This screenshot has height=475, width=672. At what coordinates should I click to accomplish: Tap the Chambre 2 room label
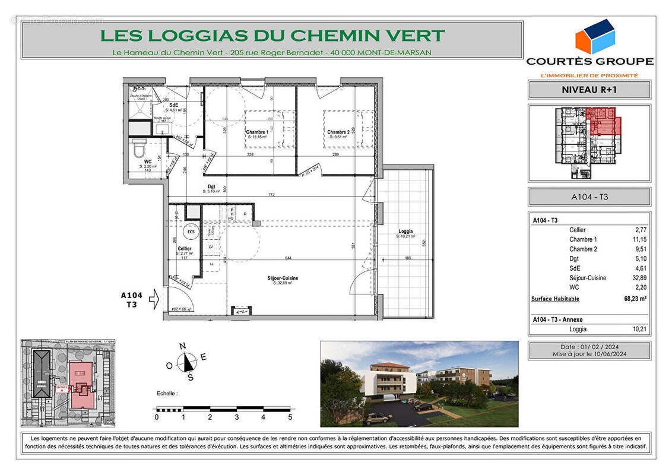(338, 132)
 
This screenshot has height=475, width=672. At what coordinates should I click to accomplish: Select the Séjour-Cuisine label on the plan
(282, 278)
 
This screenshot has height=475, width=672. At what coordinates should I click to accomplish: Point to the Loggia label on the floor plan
(406, 232)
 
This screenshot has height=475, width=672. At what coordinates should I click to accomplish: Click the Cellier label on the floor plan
(184, 248)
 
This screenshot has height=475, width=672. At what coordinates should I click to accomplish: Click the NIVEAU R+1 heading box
(589, 90)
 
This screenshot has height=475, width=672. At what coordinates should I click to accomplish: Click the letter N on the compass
(183, 346)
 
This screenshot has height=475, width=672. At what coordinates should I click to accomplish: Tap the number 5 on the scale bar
(290, 417)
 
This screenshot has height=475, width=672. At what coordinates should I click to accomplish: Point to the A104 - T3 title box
(589, 197)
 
